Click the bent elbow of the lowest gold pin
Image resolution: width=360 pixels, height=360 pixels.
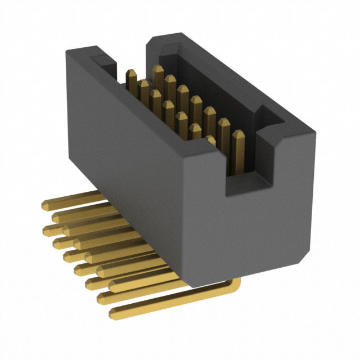point(235,286)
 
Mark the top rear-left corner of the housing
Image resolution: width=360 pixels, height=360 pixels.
point(70,49)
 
